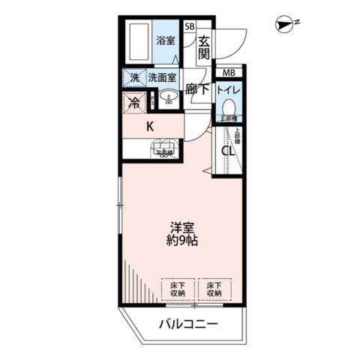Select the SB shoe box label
coord(189,25)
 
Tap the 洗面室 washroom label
coord(162,76)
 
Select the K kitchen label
coord(150,126)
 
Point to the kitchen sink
coord(163,146)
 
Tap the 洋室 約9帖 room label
coord(182,234)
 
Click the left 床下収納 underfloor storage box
coord(176,289)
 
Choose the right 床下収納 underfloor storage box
coord(214,289)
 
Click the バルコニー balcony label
coord(187,325)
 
